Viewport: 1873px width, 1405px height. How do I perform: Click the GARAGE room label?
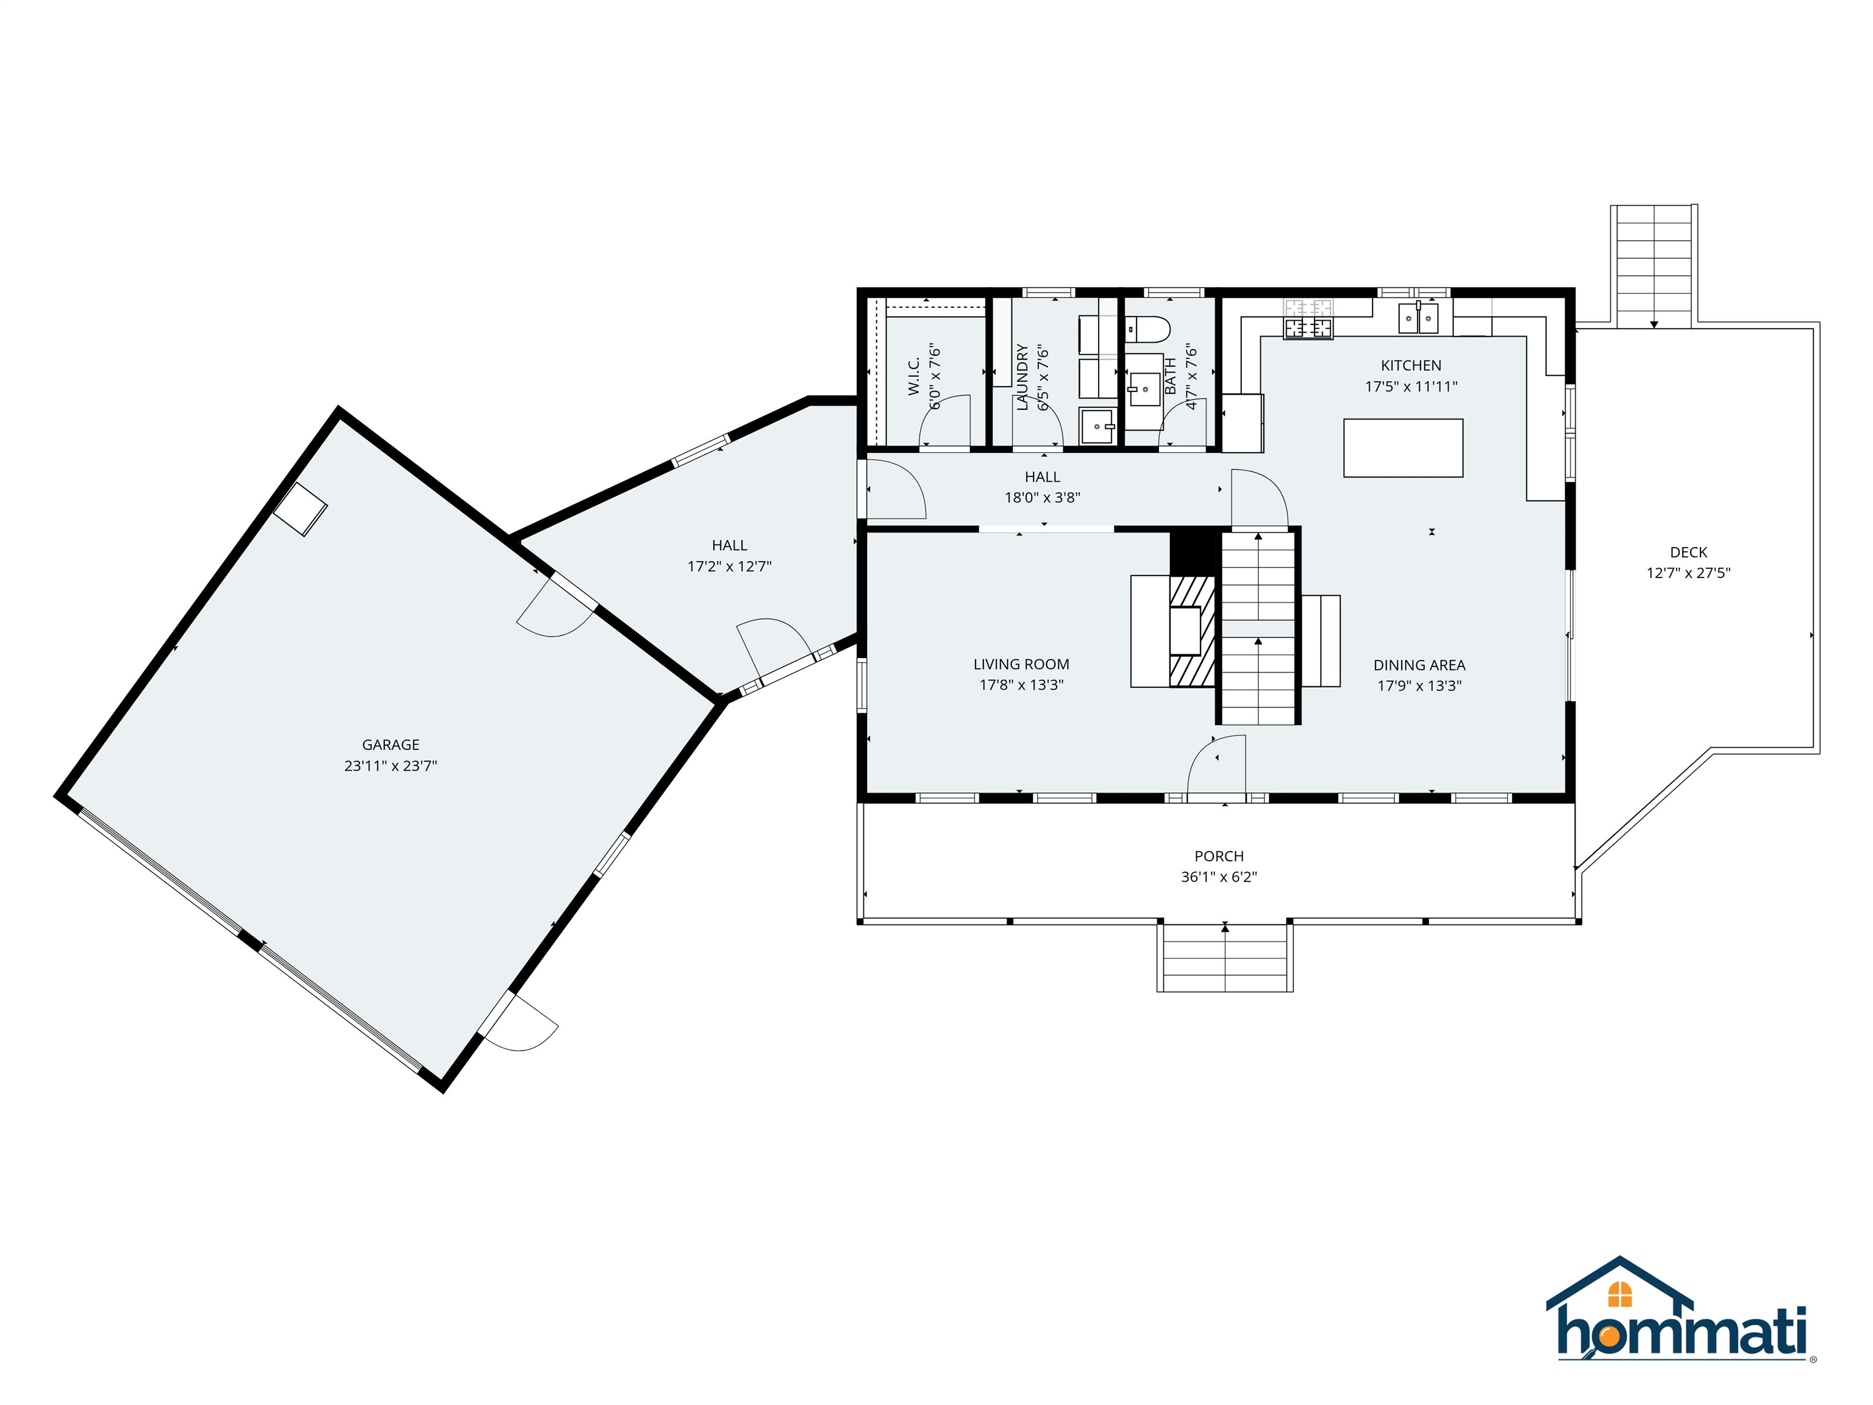click(x=390, y=745)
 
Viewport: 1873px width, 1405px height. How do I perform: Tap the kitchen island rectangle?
click(x=1403, y=448)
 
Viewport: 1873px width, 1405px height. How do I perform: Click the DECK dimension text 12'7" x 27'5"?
click(x=1688, y=573)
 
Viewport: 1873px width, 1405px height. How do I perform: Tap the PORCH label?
click(x=1218, y=856)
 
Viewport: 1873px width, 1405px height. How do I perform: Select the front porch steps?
click(x=1224, y=957)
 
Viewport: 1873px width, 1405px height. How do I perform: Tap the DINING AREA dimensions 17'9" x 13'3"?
click(x=1419, y=686)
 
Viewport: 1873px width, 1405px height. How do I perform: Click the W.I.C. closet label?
click(x=914, y=376)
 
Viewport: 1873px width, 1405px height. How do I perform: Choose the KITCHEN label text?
click(x=1411, y=366)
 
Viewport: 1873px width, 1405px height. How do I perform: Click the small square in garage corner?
click(x=301, y=509)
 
